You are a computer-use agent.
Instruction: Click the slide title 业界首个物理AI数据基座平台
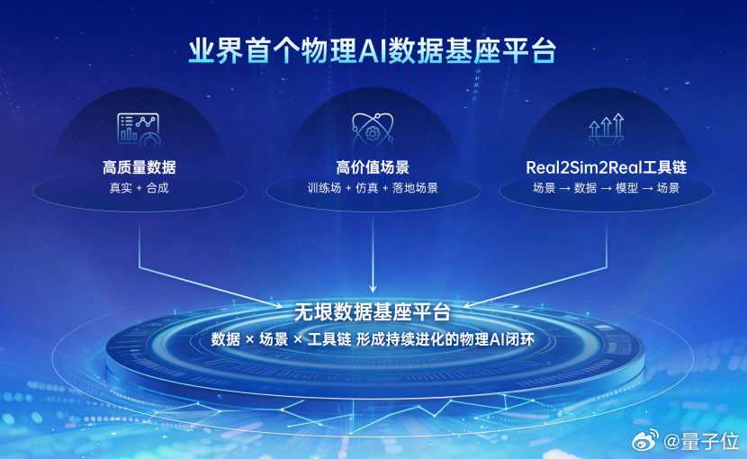tap(373, 49)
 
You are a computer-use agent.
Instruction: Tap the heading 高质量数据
tap(139, 167)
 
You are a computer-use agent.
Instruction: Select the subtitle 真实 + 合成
tap(139, 188)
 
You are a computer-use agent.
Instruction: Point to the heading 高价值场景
tap(373, 167)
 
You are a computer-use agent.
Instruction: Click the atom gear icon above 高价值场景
tap(373, 130)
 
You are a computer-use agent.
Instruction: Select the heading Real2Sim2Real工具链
tap(606, 167)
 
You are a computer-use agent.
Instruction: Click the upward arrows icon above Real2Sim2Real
tap(606, 130)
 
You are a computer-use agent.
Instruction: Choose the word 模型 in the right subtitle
tap(628, 188)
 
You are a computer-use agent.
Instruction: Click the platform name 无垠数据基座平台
tap(373, 313)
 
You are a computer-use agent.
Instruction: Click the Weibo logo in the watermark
tap(648, 441)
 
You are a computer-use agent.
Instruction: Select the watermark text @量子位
tap(702, 441)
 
